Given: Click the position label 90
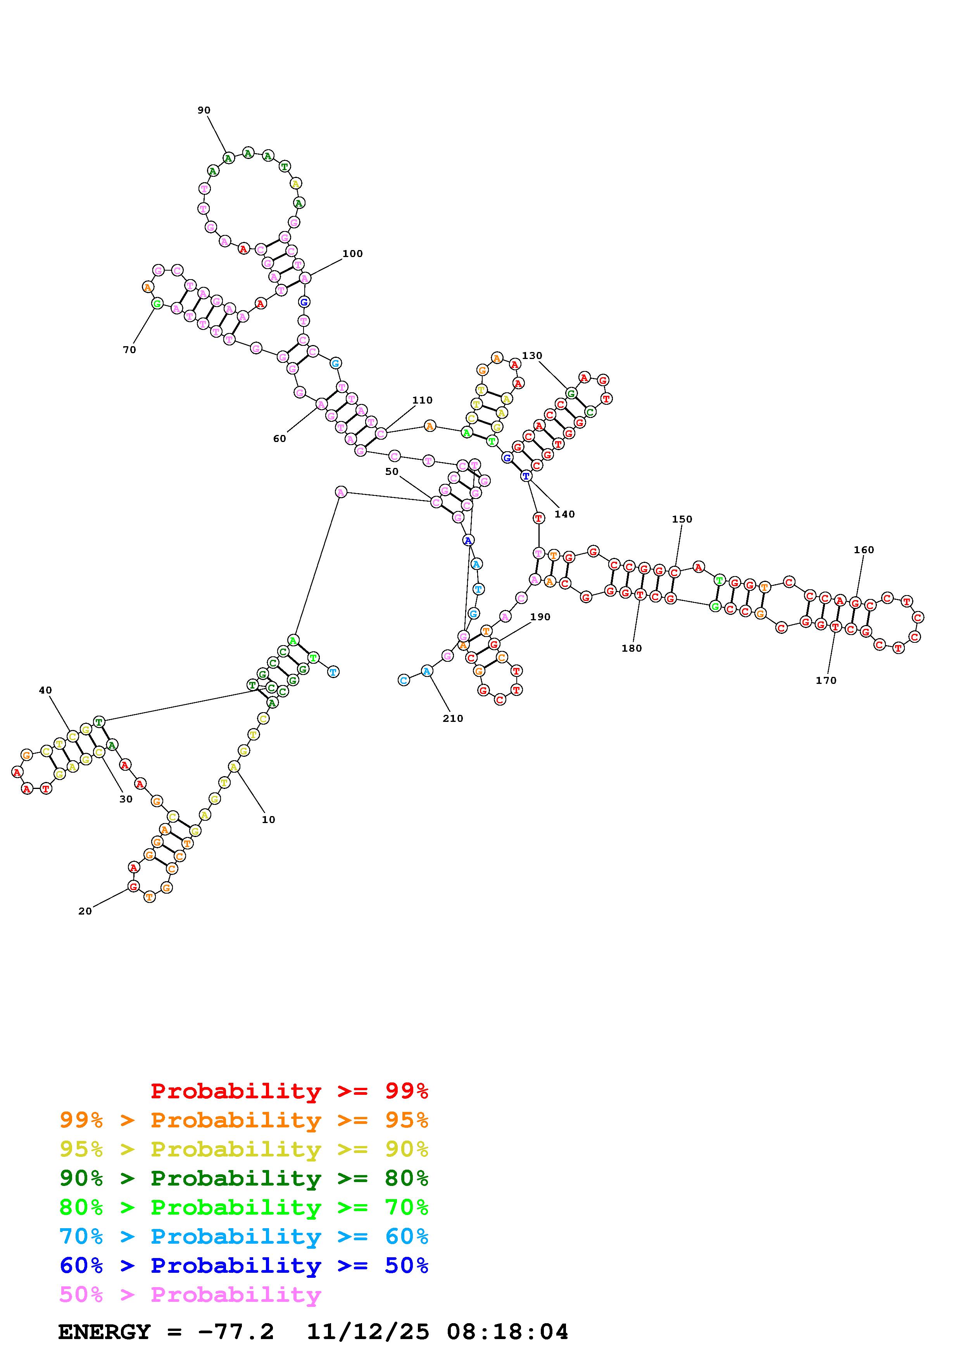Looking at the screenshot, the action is (204, 110).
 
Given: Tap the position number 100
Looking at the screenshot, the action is (352, 254).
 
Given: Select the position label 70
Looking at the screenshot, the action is (129, 350).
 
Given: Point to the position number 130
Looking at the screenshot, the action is (532, 356).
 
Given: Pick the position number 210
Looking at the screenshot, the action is (453, 718).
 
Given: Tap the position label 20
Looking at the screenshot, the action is (85, 911).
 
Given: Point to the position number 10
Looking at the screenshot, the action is (268, 820).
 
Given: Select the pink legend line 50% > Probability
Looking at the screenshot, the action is (190, 1295).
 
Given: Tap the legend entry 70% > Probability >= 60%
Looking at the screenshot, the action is (244, 1237).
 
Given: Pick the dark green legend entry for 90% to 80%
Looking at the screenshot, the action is (244, 1178).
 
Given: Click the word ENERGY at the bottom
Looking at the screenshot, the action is (104, 1332).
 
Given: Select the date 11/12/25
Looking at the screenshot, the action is (367, 1332).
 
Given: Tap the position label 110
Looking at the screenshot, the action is (422, 400).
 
